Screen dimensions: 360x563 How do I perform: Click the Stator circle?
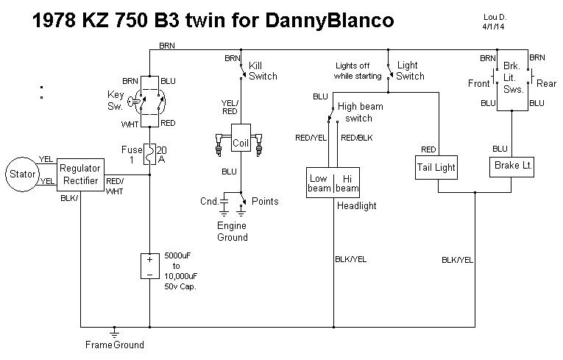point(21,174)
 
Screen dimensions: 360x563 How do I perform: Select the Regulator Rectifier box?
point(80,174)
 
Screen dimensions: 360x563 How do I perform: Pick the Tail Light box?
point(437,167)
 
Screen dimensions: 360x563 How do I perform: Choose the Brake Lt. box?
point(512,166)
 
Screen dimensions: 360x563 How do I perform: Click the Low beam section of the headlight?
point(319,183)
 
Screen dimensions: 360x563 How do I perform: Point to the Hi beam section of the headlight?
point(347,183)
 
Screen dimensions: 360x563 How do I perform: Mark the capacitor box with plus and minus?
point(149,267)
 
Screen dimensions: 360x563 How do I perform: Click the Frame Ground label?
point(114,345)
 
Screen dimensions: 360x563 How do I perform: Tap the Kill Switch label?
point(263,70)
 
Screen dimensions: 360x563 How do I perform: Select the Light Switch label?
point(410,70)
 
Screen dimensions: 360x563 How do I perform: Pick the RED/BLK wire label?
point(357,137)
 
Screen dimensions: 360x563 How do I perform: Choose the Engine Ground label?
point(232,231)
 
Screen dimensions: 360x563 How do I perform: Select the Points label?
point(265,201)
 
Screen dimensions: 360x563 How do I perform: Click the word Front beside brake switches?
point(479,84)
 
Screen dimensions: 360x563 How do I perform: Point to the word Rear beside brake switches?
point(546,84)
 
